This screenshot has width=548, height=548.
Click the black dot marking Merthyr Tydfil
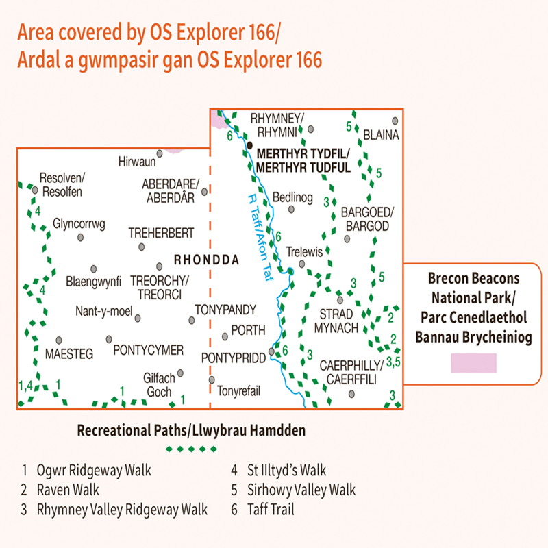(x=250, y=145)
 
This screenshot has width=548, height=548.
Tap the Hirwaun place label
(x=137, y=162)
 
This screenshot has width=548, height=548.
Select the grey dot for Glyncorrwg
(x=80, y=237)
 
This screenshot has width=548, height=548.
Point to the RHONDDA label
(x=206, y=260)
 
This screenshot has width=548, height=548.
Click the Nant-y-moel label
(x=103, y=312)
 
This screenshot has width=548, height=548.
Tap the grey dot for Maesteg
(x=60, y=339)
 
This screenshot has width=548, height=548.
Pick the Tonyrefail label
(x=239, y=391)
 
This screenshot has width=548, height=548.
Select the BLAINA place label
(x=382, y=135)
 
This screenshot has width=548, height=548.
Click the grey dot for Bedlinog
(x=292, y=210)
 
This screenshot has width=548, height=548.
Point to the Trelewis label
(x=304, y=251)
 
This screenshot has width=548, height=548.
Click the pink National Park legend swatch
(x=473, y=363)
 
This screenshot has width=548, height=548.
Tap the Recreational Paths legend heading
(x=191, y=431)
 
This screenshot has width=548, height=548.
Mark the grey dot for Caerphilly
(x=351, y=393)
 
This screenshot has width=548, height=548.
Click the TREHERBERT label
(x=161, y=233)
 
